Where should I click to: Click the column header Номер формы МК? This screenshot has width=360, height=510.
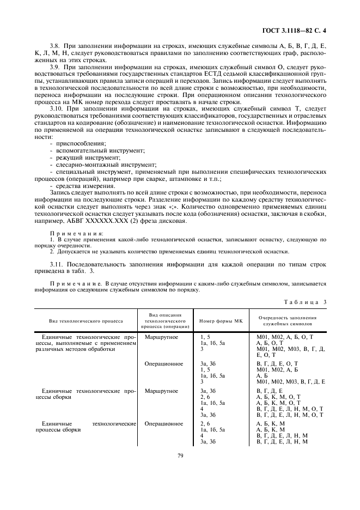click(220, 321)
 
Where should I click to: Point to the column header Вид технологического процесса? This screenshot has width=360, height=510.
click(86, 321)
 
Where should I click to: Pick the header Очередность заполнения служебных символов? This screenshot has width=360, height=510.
click(288, 321)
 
